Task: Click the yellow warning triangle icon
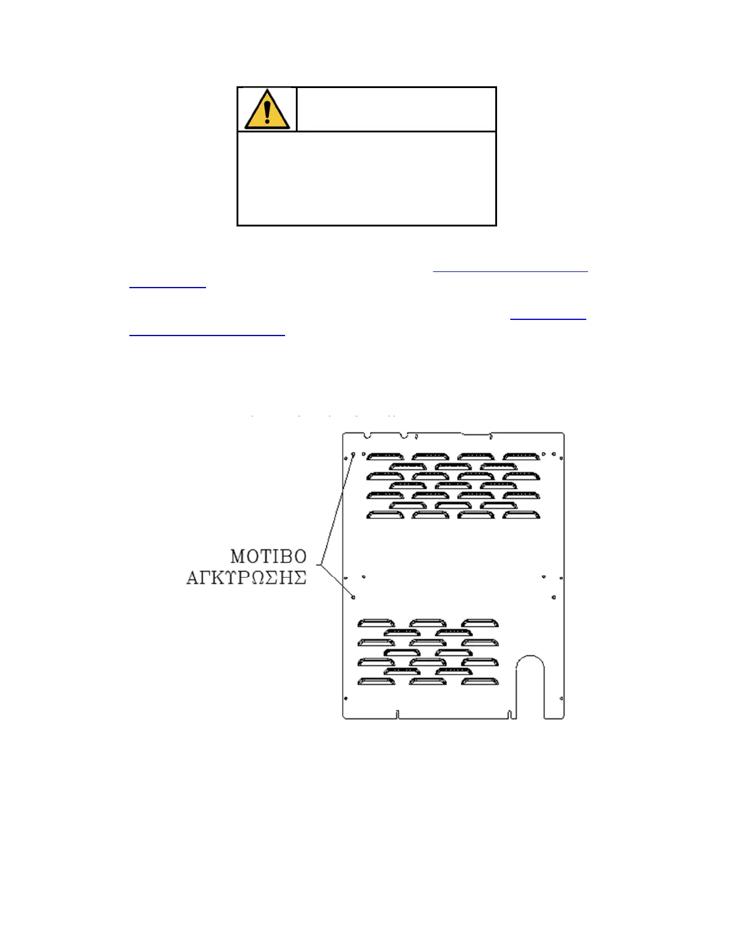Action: click(267, 110)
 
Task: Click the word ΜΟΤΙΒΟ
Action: click(268, 557)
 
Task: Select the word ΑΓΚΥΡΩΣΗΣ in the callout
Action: click(247, 578)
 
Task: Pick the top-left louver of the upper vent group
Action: click(386, 457)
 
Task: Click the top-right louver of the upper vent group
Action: click(522, 457)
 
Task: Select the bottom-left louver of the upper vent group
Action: click(386, 515)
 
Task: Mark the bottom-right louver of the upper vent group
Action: click(522, 515)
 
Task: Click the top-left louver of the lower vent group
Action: click(376, 623)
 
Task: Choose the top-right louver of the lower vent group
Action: click(480, 623)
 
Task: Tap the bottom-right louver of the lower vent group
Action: click(480, 681)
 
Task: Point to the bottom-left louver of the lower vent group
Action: click(376, 681)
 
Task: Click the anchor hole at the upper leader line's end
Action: click(353, 455)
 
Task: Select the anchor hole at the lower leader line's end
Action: click(353, 597)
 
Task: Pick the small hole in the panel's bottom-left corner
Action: click(346, 698)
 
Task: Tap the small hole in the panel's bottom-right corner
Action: click(561, 698)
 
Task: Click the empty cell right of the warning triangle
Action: click(396, 109)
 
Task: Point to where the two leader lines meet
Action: click(320, 565)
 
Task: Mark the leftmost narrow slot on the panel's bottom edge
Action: click(398, 714)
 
